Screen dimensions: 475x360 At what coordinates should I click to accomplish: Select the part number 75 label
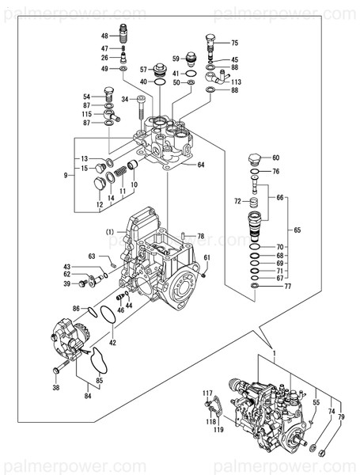[x=234, y=43]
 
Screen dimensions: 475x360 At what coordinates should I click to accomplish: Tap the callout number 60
[x=276, y=158]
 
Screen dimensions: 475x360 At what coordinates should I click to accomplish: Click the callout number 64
[x=201, y=165]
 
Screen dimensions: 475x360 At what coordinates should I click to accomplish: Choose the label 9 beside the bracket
[x=67, y=175]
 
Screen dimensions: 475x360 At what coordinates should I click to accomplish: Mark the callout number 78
[x=201, y=236]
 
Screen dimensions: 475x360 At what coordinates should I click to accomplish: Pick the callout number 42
[x=112, y=343]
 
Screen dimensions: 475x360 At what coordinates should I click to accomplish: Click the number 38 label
[x=55, y=387]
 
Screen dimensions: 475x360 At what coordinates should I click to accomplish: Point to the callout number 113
[x=237, y=82]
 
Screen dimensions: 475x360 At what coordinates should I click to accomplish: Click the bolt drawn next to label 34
[x=142, y=109]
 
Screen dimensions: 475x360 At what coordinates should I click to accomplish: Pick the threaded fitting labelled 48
[x=124, y=35]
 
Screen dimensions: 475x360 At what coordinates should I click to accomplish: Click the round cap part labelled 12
[x=99, y=184]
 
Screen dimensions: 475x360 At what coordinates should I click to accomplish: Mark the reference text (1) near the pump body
[x=112, y=232]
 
